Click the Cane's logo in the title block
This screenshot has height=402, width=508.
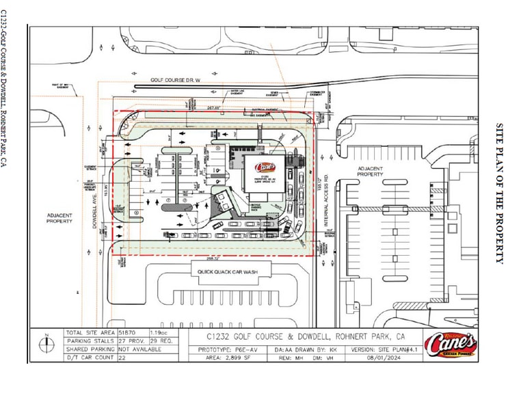point(450,344)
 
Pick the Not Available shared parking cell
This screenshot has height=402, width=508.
point(135,349)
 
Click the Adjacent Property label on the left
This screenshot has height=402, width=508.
point(60,217)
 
